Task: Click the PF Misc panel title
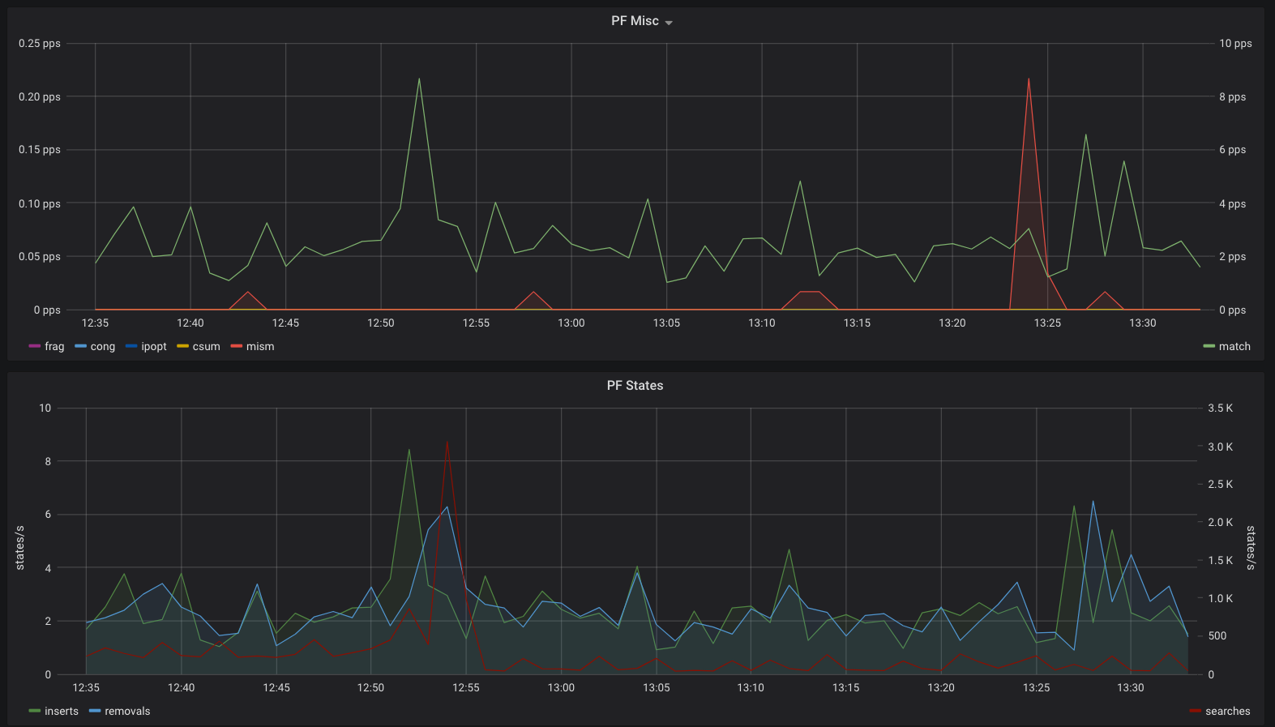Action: tap(635, 21)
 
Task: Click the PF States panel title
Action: tap(635, 386)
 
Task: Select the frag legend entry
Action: tap(47, 346)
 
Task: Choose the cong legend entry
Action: tap(95, 346)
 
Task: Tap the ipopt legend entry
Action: tap(146, 346)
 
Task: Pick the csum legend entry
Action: tap(199, 346)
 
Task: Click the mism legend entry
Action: tap(253, 346)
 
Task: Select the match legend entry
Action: tap(1226, 346)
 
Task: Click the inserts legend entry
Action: tap(54, 711)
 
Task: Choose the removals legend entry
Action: tap(120, 711)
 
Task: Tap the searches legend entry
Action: tap(1220, 711)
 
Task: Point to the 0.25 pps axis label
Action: tap(39, 43)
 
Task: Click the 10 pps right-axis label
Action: tap(1235, 43)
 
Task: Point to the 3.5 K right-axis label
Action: tap(1221, 408)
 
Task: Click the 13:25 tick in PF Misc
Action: tap(1047, 323)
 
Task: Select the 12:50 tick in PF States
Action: tap(370, 688)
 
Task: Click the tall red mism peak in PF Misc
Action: tap(1029, 79)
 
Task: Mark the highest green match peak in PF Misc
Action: tap(420, 79)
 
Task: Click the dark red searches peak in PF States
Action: tap(447, 442)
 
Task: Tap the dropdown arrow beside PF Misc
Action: tap(669, 23)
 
